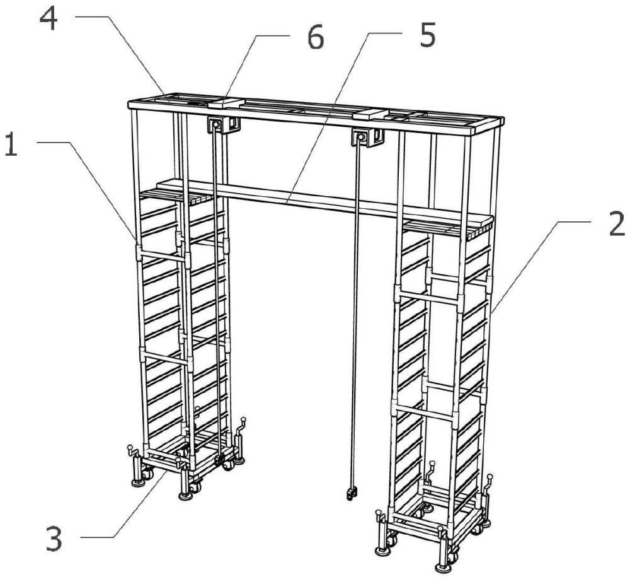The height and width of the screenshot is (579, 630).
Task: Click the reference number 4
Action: [49, 20]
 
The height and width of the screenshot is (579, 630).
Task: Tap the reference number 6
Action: [316, 38]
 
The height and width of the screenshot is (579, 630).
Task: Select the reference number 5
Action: [427, 35]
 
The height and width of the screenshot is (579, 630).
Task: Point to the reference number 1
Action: [11, 146]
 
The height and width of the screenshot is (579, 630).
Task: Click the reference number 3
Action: [54, 539]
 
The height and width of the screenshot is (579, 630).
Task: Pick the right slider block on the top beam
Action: [370, 114]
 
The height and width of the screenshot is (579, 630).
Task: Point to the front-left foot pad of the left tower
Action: [185, 496]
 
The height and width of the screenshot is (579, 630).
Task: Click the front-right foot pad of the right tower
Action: [443, 568]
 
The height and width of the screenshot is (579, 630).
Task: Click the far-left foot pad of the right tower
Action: [382, 550]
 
